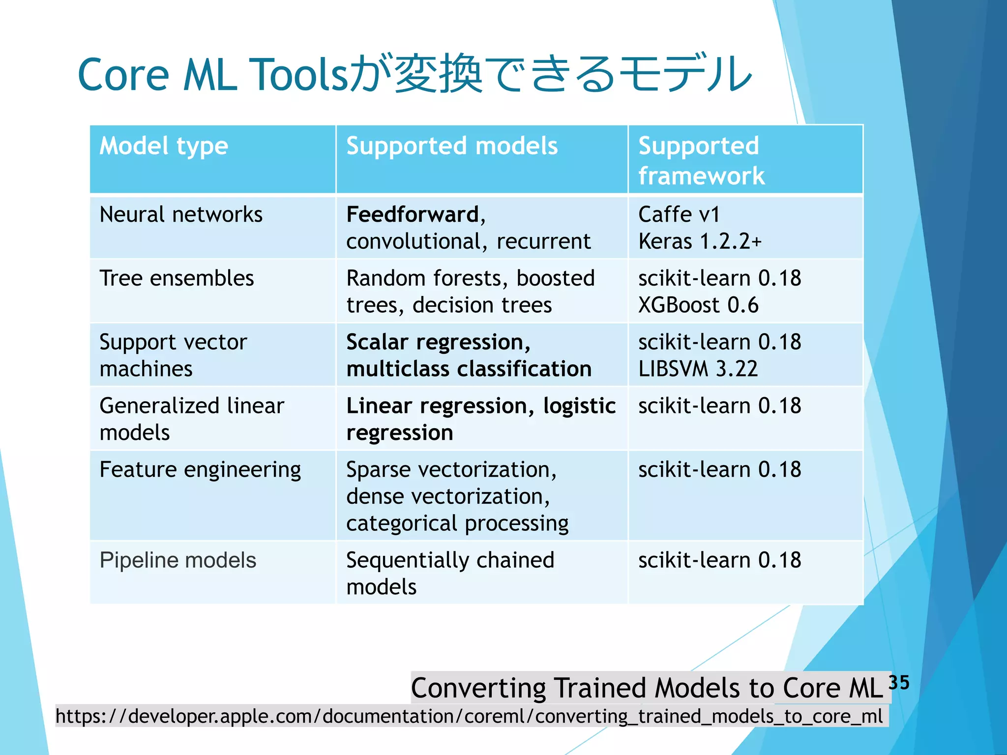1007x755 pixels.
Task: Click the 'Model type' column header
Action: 164,146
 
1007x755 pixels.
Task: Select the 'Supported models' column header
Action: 452,146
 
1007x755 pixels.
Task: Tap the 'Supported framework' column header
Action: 701,160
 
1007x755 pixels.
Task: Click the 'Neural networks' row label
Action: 181,215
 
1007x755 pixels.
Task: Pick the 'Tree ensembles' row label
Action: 177,278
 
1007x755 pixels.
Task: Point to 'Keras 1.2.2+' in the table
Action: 700,241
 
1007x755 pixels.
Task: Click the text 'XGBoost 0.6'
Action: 698,305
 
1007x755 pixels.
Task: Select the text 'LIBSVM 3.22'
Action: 698,369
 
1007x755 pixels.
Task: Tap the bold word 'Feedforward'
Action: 413,215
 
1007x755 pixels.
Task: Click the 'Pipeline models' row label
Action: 178,560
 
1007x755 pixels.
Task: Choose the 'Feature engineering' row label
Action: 200,469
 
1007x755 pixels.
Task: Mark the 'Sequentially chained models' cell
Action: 450,573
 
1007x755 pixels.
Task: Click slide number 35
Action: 899,682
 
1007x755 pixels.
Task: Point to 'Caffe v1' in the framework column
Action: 679,215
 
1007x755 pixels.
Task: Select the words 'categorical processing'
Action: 457,523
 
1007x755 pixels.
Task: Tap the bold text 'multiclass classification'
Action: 469,369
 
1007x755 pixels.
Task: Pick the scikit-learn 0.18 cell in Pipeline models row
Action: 719,560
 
